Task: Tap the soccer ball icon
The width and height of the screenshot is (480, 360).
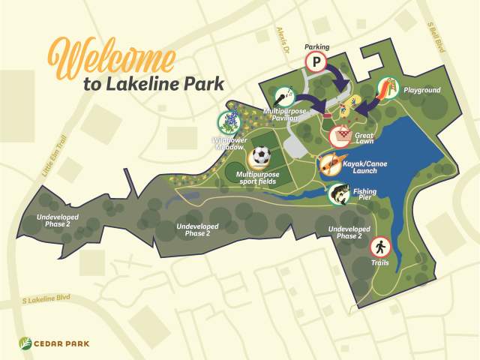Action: pyautogui.click(x=260, y=156)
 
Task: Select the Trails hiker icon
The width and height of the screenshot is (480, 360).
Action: pyautogui.click(x=379, y=246)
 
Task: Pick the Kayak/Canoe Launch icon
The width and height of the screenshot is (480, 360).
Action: pyautogui.click(x=328, y=163)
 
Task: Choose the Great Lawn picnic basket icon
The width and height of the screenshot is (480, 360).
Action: pyautogui.click(x=341, y=136)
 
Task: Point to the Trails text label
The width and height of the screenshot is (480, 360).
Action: pyautogui.click(x=379, y=263)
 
